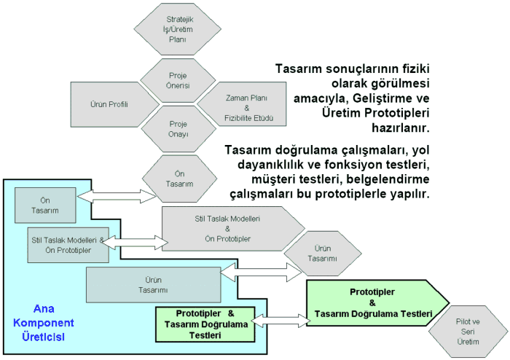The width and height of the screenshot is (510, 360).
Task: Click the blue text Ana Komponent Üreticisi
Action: click(x=56, y=321)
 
